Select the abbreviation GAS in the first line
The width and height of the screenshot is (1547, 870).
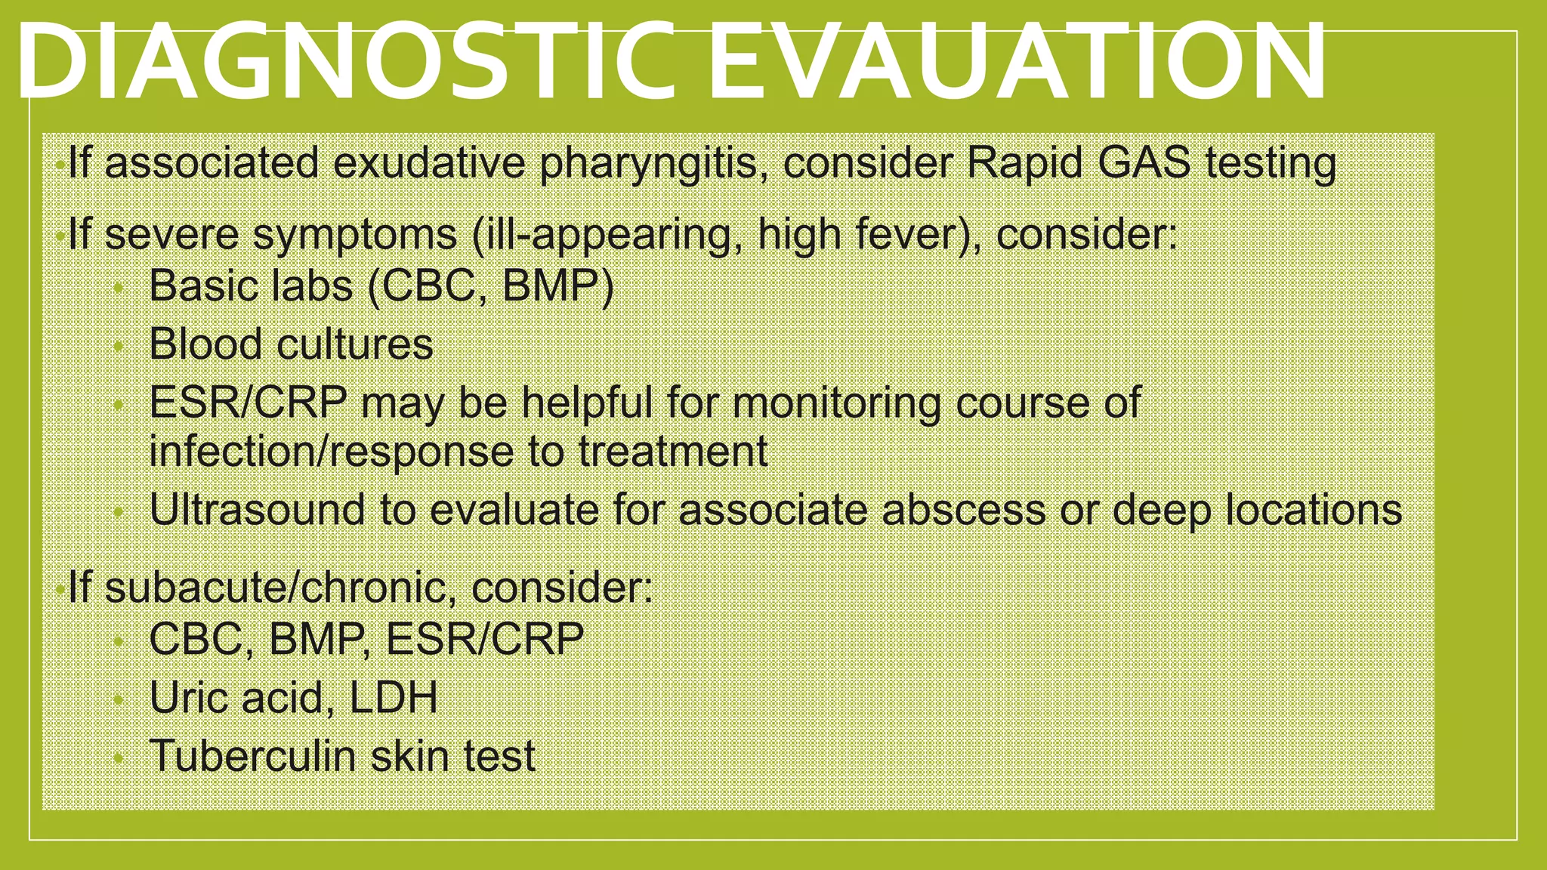[x=1144, y=162]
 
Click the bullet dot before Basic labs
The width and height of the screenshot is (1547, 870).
[x=118, y=288]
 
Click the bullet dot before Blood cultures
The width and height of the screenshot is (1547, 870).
[x=118, y=347]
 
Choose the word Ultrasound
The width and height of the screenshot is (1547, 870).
[x=258, y=510]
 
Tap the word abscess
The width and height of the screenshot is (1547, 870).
[x=962, y=510]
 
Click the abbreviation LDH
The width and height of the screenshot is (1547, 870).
[x=393, y=698]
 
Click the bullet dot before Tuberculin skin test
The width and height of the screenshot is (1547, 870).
[x=118, y=758]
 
